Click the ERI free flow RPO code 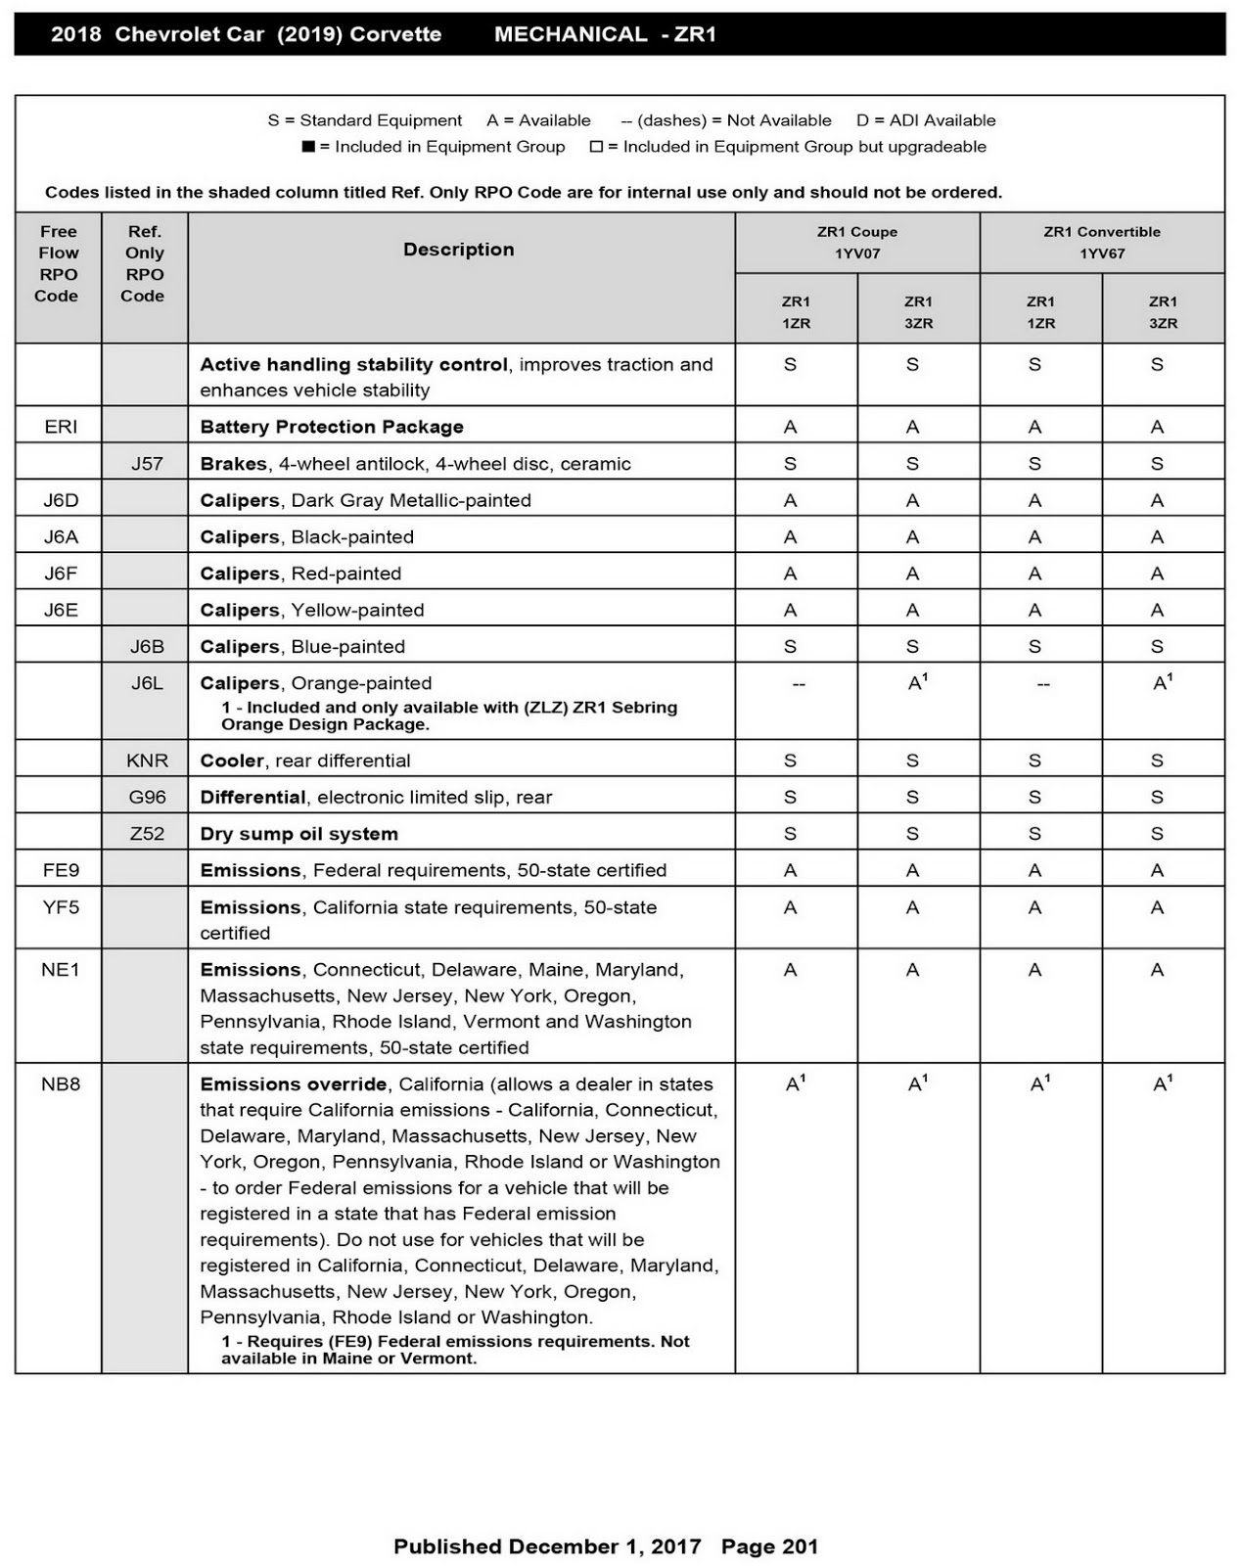click(x=61, y=427)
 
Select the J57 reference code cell click(x=147, y=464)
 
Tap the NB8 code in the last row click(x=61, y=1084)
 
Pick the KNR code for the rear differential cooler click(x=147, y=760)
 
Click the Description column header click(x=459, y=250)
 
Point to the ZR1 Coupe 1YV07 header click(x=857, y=243)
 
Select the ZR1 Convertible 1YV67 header click(x=1102, y=243)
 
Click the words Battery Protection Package click(x=332, y=427)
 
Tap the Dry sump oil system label click(x=299, y=834)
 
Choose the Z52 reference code click(x=147, y=834)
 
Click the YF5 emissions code click(x=61, y=907)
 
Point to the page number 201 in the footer click(x=800, y=1546)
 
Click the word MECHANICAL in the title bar click(x=571, y=34)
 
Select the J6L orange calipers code click(x=147, y=683)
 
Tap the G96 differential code click(x=147, y=797)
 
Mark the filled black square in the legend click(x=308, y=147)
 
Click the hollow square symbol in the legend click(x=596, y=147)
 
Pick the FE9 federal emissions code click(x=61, y=870)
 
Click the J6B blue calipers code click(x=147, y=647)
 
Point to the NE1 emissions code click(x=61, y=970)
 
